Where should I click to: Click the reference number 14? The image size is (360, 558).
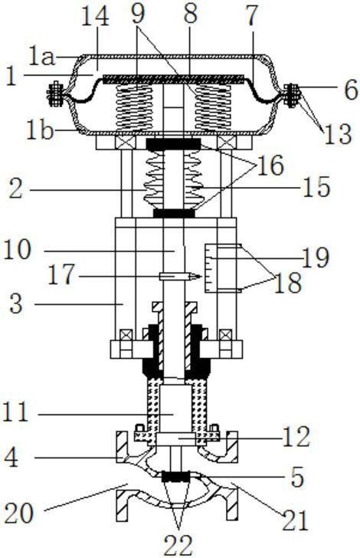point(95,17)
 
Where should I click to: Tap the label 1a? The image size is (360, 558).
point(42,57)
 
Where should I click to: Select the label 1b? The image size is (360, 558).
point(40,131)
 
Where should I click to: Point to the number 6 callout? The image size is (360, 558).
point(350,90)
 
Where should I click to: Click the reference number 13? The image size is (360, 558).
point(337,134)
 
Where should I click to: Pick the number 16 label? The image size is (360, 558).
point(270,165)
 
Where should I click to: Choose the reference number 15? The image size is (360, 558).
point(316,187)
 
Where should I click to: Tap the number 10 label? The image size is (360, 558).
point(18,249)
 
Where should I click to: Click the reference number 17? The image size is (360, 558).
point(61,274)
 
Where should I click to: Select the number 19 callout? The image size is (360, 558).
point(316,258)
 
